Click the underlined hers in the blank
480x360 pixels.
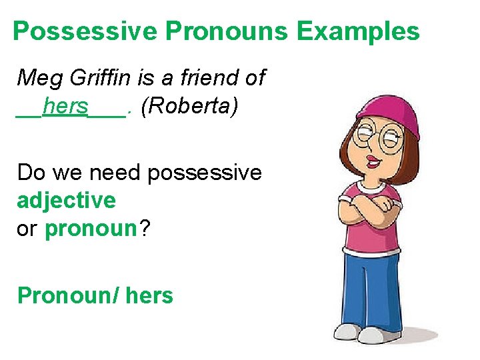[x=65, y=106]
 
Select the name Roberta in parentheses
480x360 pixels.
[x=189, y=106]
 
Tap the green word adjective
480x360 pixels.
[x=66, y=200]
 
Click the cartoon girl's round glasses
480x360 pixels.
[x=377, y=139]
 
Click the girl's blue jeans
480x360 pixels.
[x=370, y=287]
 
